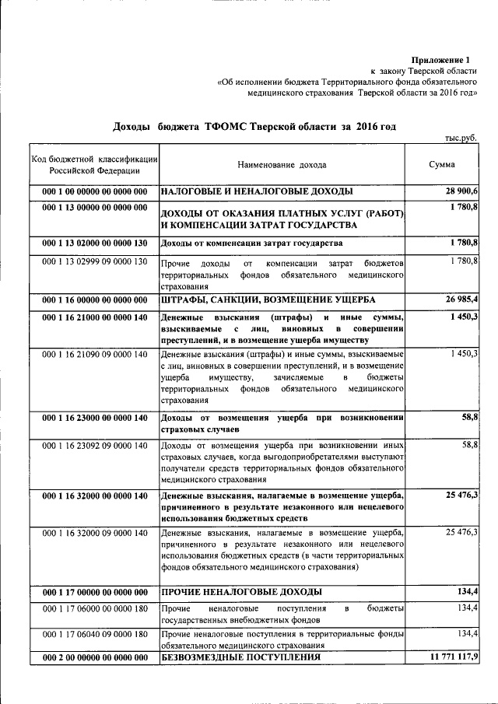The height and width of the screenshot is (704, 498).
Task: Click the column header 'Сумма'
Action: point(442,165)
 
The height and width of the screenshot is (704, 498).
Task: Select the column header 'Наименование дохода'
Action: point(282,165)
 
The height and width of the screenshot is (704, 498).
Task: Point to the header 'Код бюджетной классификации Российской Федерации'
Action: point(95,165)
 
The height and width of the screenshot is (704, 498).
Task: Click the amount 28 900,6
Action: point(461,191)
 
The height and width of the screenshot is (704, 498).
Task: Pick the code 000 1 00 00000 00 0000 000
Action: point(95,191)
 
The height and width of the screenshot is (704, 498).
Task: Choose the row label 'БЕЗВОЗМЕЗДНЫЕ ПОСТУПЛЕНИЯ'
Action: point(240,658)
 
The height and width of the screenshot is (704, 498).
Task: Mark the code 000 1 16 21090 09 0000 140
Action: point(95,355)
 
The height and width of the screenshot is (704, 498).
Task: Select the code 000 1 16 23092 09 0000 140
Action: point(95,446)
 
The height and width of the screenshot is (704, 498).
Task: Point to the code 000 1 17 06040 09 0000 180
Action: point(95,635)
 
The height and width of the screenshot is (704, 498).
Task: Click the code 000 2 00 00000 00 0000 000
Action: point(95,658)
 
